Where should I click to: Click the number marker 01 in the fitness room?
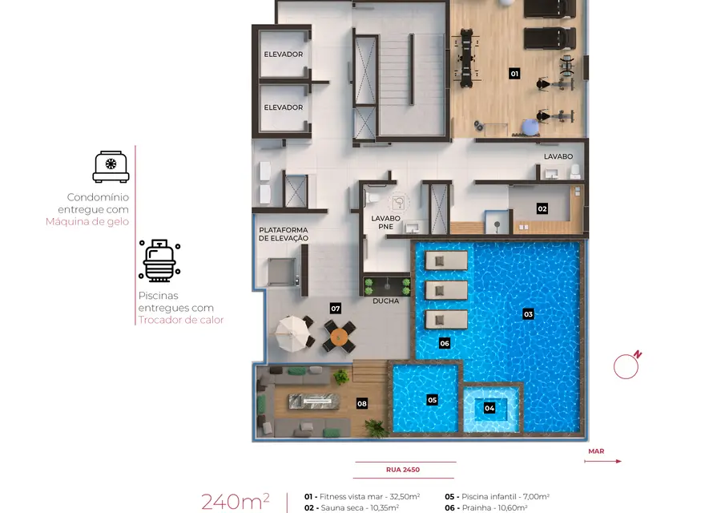click(x=514, y=74)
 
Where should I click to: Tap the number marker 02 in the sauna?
click(x=542, y=209)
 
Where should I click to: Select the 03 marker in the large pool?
click(x=528, y=314)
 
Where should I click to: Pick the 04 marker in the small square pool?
click(x=489, y=408)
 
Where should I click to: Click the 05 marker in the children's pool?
click(x=433, y=400)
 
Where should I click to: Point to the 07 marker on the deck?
click(x=335, y=309)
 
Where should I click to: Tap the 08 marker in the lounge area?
click(x=362, y=404)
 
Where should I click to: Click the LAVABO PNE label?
click(x=386, y=222)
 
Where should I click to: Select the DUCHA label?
click(x=386, y=301)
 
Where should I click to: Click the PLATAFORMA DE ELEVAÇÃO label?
click(x=284, y=234)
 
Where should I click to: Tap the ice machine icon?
click(x=111, y=167)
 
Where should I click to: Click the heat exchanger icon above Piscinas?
click(x=159, y=261)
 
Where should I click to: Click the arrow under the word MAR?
click(x=602, y=461)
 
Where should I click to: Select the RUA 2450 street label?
click(x=403, y=470)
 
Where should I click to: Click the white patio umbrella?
click(x=291, y=333)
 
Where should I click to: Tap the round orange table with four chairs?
click(x=340, y=337)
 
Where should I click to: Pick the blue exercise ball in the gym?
click(x=530, y=127)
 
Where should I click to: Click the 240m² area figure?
click(x=236, y=502)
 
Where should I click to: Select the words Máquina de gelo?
click(x=87, y=221)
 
